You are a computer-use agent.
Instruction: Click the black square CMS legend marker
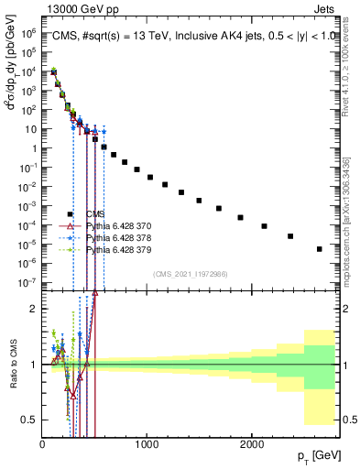point(71,213)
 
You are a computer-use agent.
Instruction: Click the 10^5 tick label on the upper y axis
point(28,33)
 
